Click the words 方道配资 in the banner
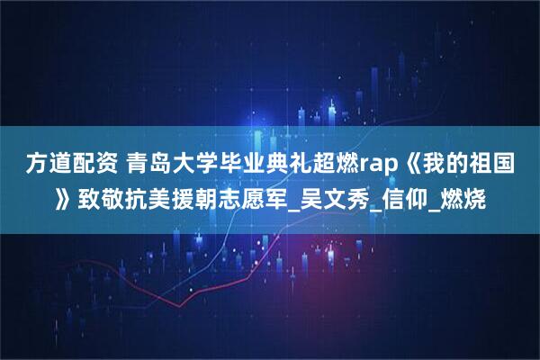click(x=64, y=164)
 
